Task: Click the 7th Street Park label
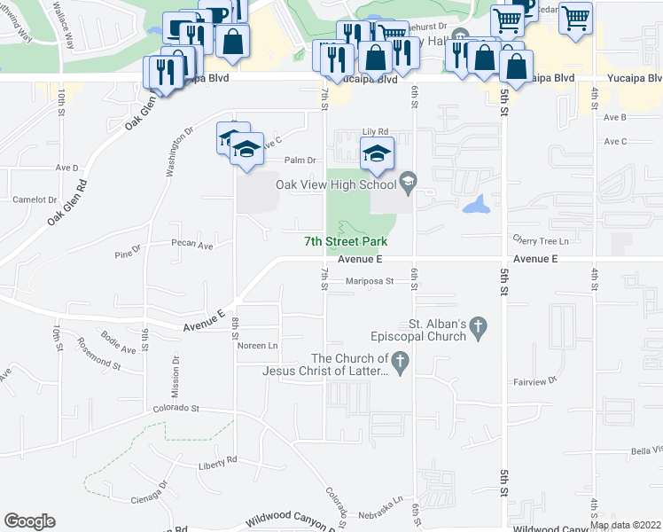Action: pyautogui.click(x=346, y=241)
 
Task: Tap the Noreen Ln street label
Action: pyautogui.click(x=257, y=346)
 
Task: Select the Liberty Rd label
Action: pyautogui.click(x=218, y=460)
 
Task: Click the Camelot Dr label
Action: pyautogui.click(x=35, y=199)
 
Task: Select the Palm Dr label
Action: pyautogui.click(x=300, y=160)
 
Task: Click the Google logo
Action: pyautogui.click(x=29, y=521)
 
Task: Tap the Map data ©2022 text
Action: pyautogui.click(x=625, y=525)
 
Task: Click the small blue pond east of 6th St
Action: pyautogui.click(x=477, y=207)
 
